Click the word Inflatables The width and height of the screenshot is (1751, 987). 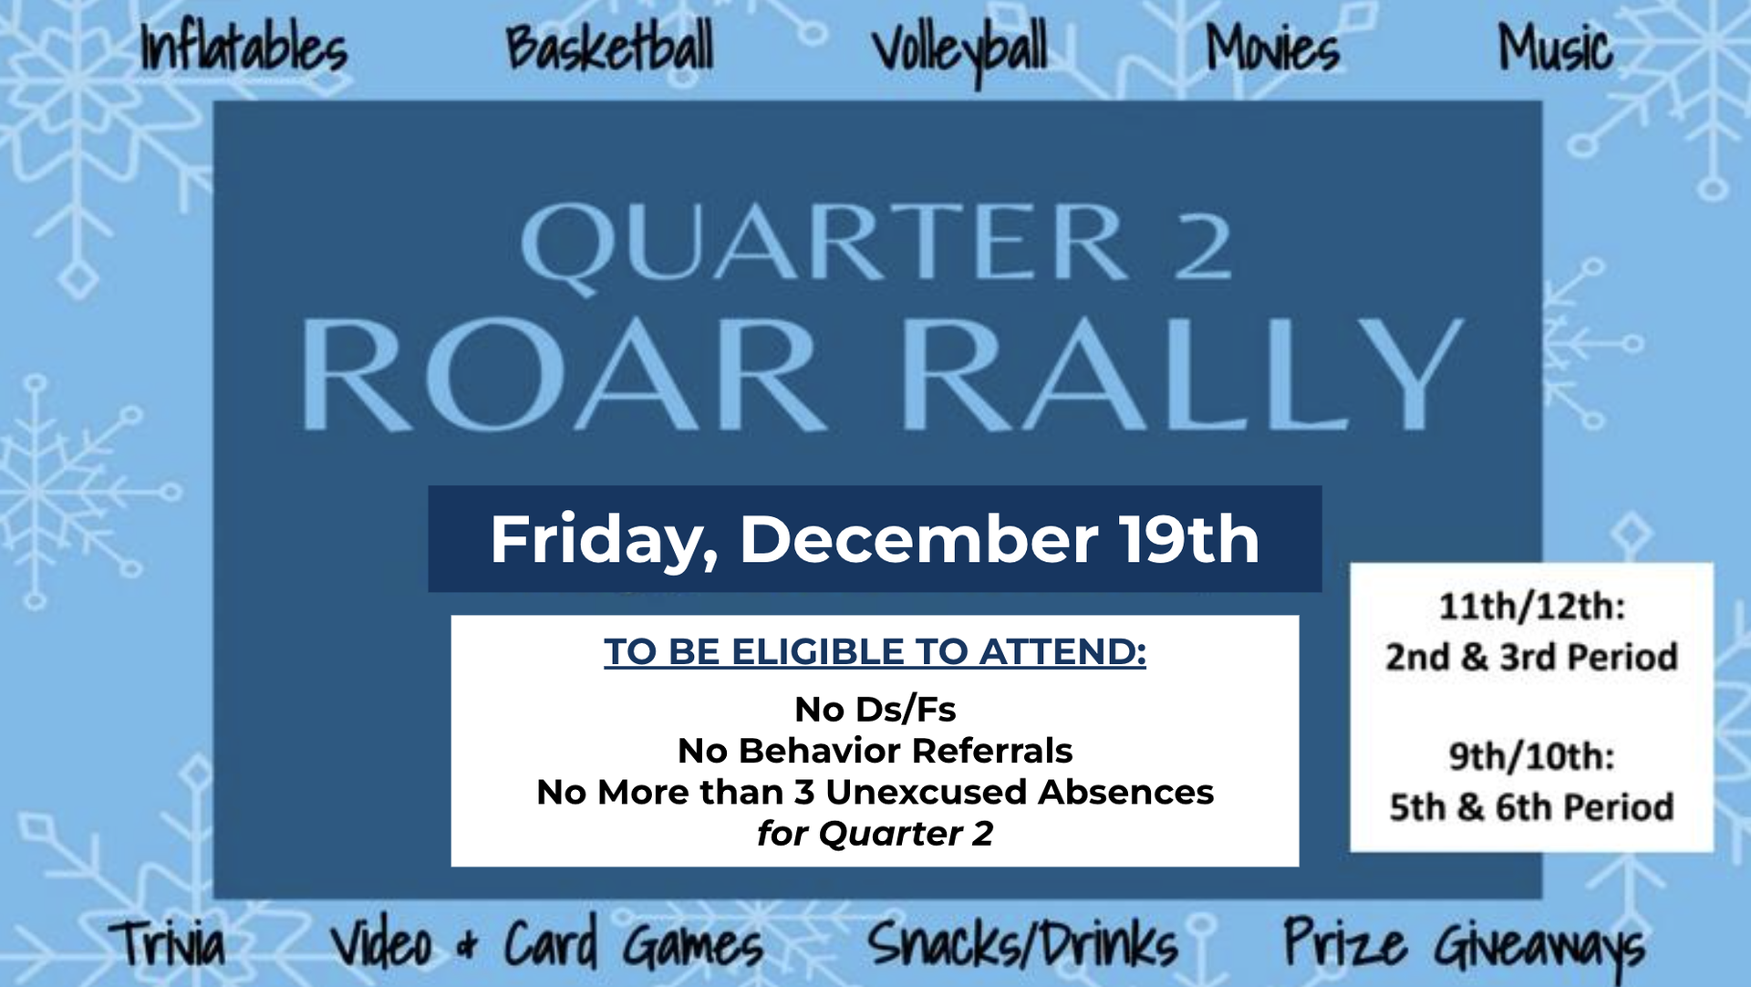pyautogui.click(x=243, y=47)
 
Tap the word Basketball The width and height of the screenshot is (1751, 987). pyautogui.click(x=609, y=47)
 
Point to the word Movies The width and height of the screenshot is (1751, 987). pyautogui.click(x=1272, y=47)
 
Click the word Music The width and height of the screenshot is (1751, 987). pyautogui.click(x=1556, y=47)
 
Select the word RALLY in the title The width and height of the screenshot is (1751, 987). pyautogui.click(x=1183, y=374)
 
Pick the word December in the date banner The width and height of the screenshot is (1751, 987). pyautogui.click(x=918, y=539)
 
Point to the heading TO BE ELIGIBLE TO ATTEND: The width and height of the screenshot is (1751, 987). pyautogui.click(x=875, y=651)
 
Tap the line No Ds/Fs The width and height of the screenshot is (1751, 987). pyautogui.click(x=875, y=709)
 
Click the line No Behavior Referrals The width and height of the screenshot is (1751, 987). pyautogui.click(x=875, y=751)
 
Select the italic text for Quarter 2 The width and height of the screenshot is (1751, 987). pyautogui.click(x=875, y=833)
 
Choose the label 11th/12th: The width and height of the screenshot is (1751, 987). pyautogui.click(x=1532, y=607)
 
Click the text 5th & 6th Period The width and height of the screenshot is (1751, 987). pyautogui.click(x=1532, y=807)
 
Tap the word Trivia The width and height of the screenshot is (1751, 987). pyautogui.click(x=168, y=943)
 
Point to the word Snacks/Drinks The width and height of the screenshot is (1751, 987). pyautogui.click(x=1022, y=943)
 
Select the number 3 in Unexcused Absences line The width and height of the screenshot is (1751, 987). pyautogui.click(x=804, y=792)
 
